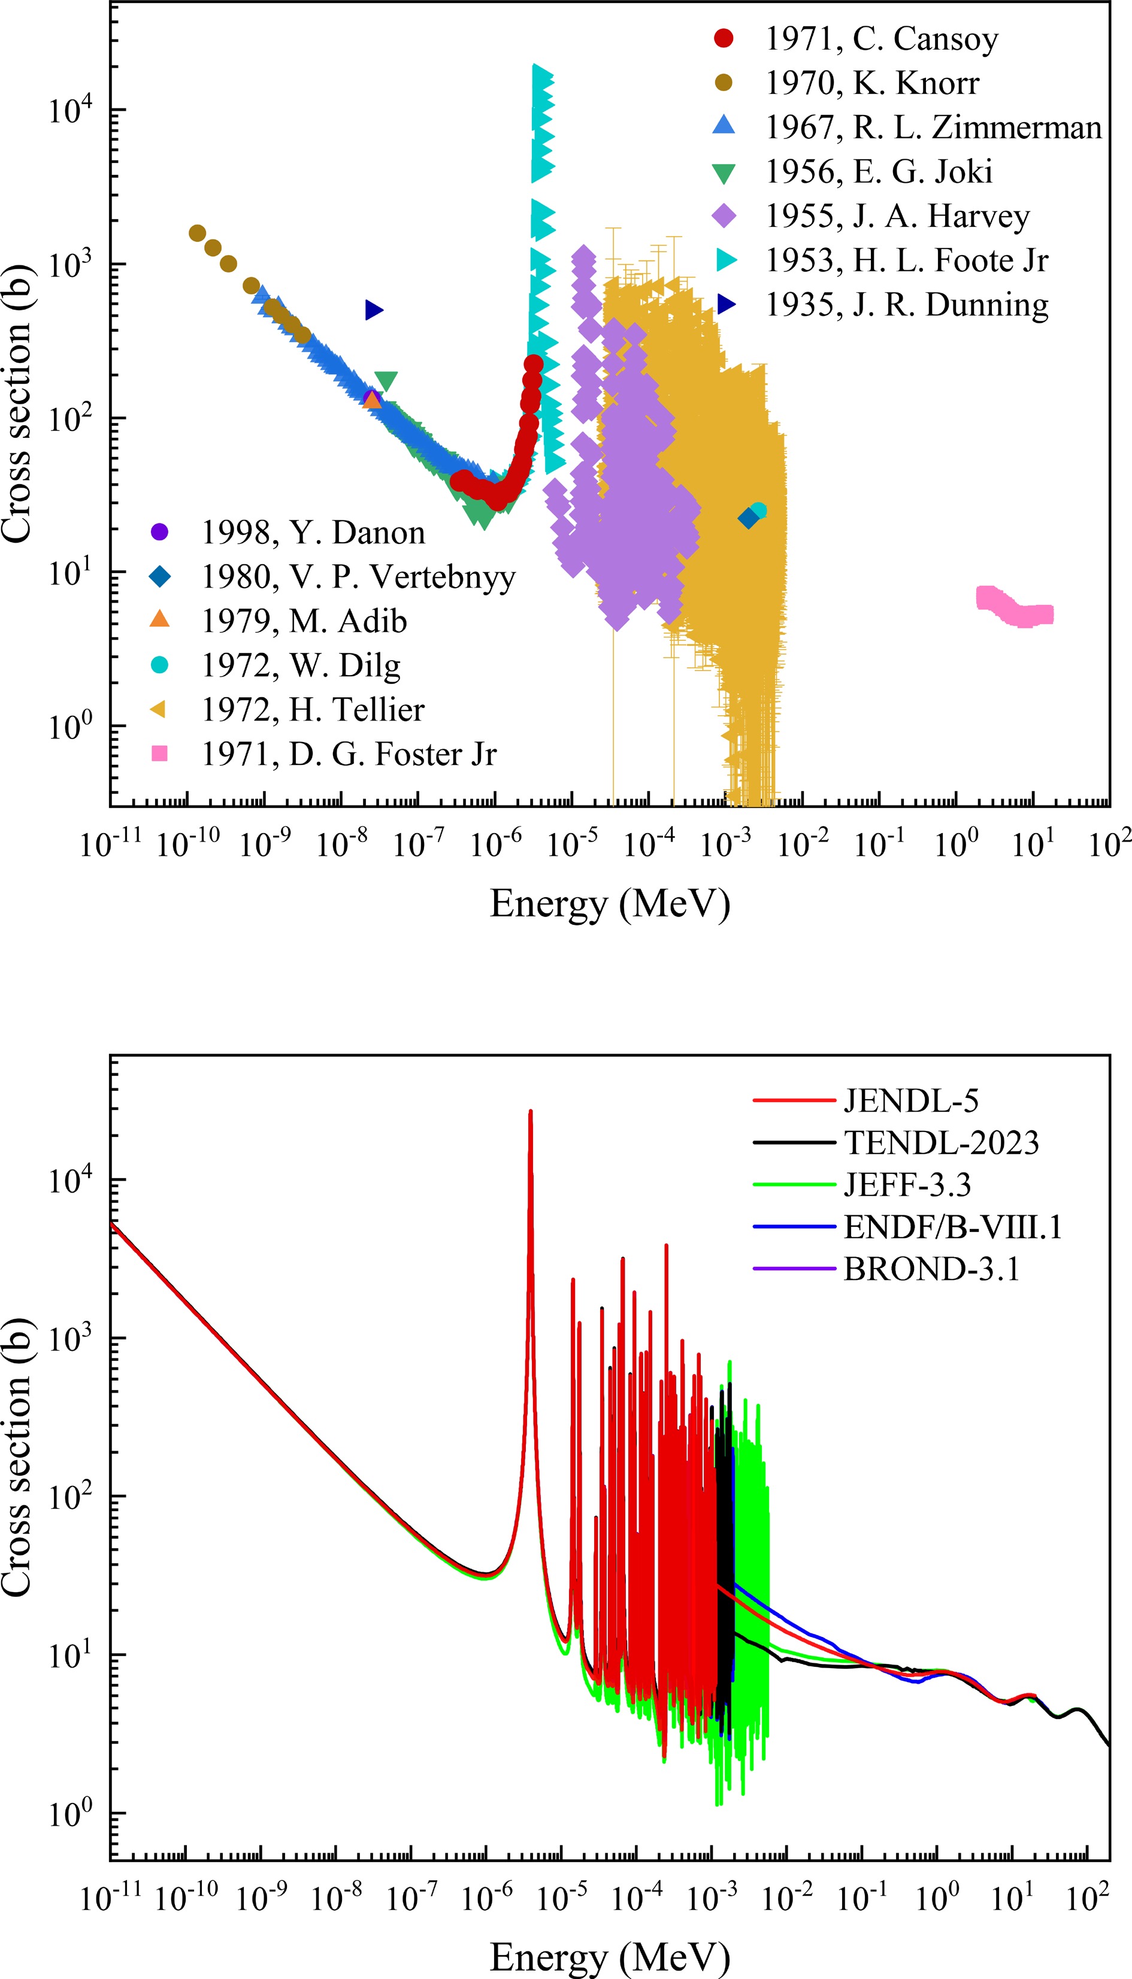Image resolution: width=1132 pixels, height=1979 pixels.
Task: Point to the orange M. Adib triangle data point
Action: click(373, 400)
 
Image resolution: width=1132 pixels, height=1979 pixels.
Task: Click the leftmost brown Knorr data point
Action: click(198, 233)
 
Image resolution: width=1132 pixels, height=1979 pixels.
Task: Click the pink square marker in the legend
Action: click(159, 753)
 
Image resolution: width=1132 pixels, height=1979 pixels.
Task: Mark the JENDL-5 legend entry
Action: click(910, 1101)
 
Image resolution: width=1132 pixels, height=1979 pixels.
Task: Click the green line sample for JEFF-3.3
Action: click(794, 1185)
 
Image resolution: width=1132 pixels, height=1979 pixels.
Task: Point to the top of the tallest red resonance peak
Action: click(530, 1112)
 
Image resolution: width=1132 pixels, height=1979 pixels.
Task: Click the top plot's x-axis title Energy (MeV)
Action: click(610, 904)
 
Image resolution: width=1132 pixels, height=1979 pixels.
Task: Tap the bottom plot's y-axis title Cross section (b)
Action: click(17, 1457)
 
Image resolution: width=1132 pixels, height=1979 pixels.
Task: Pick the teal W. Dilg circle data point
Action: click(759, 511)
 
